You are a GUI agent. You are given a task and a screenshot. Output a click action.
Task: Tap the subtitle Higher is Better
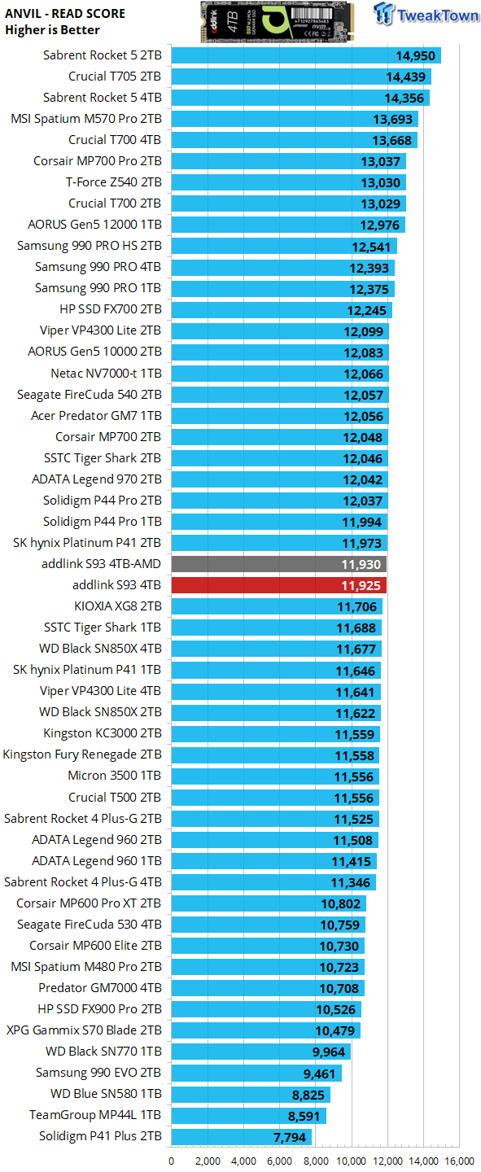52,30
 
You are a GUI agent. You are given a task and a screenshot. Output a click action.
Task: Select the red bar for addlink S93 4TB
278,585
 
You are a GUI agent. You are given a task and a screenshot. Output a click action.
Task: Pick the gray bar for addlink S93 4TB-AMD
278,564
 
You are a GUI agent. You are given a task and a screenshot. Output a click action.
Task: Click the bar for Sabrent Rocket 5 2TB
305,55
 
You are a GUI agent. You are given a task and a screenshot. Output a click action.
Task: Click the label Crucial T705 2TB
115,77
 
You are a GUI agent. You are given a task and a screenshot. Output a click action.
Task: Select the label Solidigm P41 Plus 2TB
100,1136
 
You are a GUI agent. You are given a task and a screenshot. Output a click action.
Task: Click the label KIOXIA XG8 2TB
117,606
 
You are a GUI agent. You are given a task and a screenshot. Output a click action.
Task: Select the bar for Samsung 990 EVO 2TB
256,1073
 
